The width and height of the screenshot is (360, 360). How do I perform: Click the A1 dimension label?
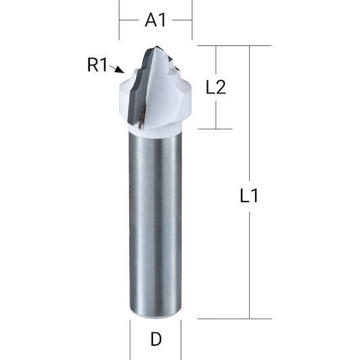155,20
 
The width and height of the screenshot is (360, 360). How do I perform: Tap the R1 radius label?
97,65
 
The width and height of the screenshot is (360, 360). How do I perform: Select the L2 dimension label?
216,87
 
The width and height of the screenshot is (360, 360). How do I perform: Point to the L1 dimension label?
249,196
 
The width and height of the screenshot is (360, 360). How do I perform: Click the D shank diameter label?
156,339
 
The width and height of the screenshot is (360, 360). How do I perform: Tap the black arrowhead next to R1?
120,70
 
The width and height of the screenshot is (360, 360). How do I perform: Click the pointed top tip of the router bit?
156,47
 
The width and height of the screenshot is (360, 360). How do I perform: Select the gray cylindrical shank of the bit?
156,225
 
